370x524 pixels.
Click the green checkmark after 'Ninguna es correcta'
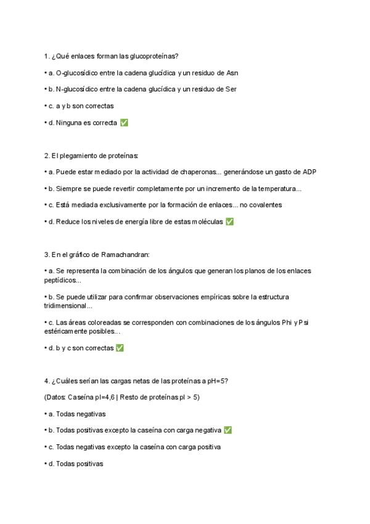coord(124,123)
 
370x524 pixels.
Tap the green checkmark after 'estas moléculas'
coord(229,222)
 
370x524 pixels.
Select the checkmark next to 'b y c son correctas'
coord(120,348)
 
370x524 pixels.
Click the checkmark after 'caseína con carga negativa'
coord(228,430)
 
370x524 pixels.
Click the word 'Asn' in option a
coord(232,72)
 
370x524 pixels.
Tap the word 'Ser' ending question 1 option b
coord(231,89)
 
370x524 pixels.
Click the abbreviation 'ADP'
coord(308,172)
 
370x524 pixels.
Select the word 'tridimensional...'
coord(68,305)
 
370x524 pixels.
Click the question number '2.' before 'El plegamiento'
coord(47,155)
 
